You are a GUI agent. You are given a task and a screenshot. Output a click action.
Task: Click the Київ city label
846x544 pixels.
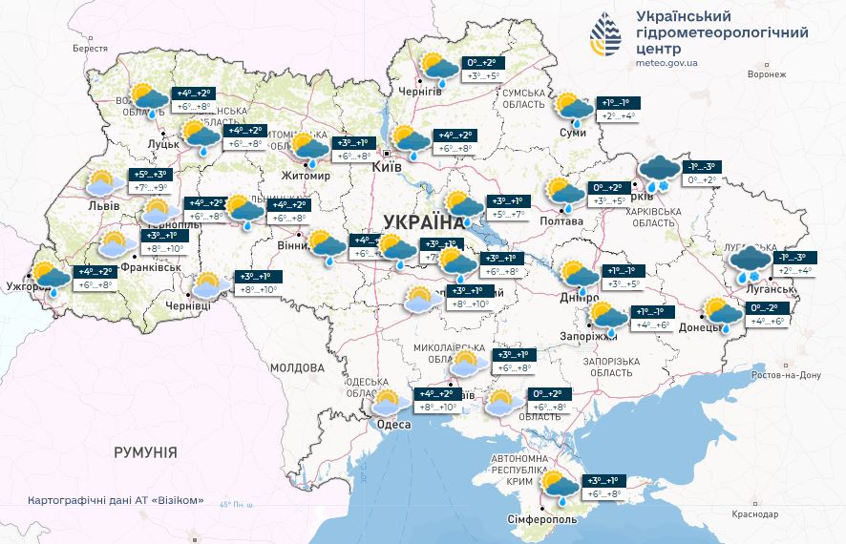(387, 165)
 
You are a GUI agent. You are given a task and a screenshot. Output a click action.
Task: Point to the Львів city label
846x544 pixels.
(102, 205)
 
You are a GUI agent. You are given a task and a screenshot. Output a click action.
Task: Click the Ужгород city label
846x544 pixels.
(26, 285)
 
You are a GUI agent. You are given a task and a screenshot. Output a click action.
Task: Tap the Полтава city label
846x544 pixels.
(562, 221)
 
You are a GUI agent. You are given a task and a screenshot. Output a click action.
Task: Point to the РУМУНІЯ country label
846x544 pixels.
(145, 451)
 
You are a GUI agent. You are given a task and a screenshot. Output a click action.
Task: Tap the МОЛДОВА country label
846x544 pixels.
(297, 366)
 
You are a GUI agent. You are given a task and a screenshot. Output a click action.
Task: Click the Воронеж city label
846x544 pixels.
(767, 73)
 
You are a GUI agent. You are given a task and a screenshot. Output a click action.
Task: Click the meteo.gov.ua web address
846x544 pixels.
(666, 63)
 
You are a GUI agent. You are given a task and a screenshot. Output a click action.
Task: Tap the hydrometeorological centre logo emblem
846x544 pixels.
(606, 36)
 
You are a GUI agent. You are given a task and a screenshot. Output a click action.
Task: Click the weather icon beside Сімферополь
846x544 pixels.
(558, 486)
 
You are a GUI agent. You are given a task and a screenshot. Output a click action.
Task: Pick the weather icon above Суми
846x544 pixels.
(573, 109)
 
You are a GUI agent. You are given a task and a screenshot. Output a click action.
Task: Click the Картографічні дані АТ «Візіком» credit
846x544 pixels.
(116, 500)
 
